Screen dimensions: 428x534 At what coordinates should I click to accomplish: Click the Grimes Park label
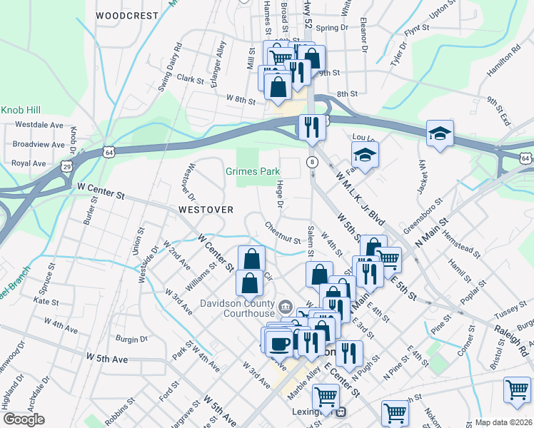[x=253, y=172]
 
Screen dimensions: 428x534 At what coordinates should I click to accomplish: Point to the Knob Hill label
[x=22, y=111]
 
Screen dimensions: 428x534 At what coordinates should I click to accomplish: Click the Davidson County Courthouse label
[x=238, y=309]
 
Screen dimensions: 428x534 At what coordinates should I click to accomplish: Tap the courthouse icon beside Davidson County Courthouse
[x=286, y=308]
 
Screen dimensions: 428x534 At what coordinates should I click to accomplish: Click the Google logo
[x=24, y=419]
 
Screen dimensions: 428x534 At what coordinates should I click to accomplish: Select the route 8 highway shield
[x=312, y=162]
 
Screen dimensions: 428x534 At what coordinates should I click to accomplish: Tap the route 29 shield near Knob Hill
[x=67, y=166]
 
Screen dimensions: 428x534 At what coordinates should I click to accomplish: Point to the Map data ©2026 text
[x=503, y=422]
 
